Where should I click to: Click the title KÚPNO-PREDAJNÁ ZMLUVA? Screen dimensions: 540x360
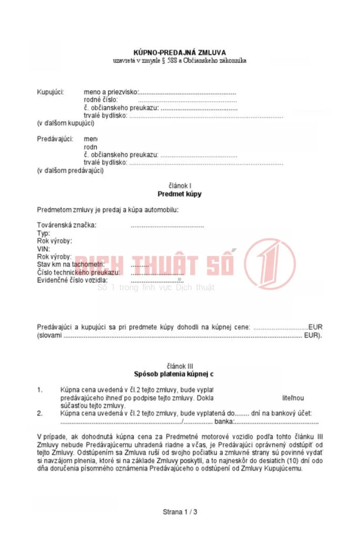point(180,53)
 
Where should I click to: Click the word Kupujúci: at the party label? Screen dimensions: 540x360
point(50,92)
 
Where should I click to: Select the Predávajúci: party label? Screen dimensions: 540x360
point(54,139)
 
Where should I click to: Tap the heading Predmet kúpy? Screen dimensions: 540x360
point(180,194)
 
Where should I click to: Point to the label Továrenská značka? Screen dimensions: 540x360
point(66,225)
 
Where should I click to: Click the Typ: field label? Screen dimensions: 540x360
point(43,233)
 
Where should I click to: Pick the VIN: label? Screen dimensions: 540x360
point(44,249)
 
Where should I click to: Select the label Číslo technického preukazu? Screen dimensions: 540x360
point(78,272)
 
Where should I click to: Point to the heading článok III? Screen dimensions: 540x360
point(180,366)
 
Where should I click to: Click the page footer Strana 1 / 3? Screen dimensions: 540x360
point(180,512)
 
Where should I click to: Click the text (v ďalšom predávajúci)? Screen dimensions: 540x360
point(70,171)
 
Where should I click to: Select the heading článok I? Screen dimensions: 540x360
point(180,186)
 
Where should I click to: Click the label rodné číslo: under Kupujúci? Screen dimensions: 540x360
point(101,100)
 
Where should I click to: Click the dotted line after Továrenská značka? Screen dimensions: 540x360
point(167,225)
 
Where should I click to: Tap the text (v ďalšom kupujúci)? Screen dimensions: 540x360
point(65,123)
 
